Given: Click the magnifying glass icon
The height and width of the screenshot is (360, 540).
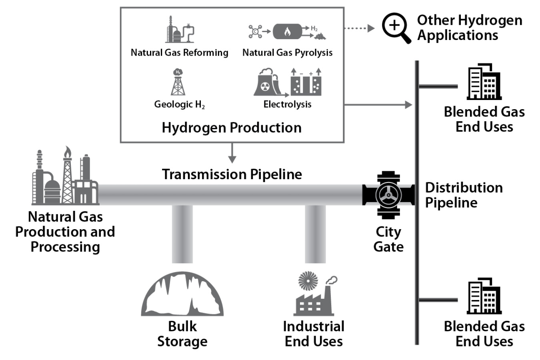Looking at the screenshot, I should (395, 28).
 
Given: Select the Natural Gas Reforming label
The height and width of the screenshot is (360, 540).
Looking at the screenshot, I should (179, 53).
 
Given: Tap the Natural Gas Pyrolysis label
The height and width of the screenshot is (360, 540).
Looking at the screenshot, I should (287, 53).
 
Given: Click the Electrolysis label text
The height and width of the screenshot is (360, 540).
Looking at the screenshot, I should (287, 104).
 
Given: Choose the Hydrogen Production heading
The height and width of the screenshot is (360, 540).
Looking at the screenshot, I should (232, 128).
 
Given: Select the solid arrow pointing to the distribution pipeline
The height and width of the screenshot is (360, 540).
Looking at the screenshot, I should (378, 105).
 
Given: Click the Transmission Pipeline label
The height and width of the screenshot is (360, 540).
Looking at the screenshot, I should (232, 174).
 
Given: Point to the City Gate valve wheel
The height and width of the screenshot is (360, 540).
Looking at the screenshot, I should (388, 195).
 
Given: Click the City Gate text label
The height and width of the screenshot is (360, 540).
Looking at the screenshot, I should (388, 239).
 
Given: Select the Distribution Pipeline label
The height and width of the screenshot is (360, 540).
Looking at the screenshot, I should (463, 195).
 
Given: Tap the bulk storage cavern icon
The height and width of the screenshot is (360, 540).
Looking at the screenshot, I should (182, 296).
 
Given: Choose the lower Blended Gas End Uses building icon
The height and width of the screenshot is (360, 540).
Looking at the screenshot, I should (484, 296).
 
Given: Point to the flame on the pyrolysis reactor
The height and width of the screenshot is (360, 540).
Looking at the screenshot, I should (287, 32).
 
